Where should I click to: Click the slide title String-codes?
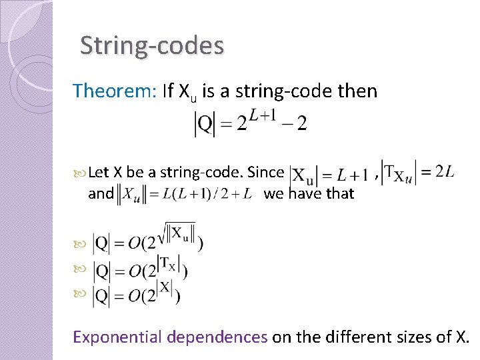click(152, 45)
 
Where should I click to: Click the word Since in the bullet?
click(265, 172)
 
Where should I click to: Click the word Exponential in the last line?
click(119, 337)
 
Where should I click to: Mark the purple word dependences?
click(217, 337)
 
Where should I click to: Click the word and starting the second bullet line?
click(101, 194)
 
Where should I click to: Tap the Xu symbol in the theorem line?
click(188, 91)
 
